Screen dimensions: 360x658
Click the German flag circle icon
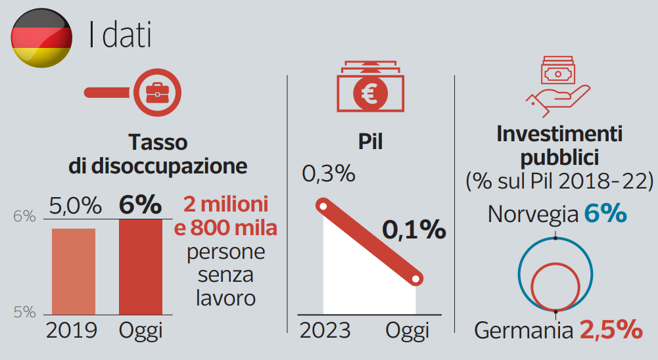(41, 37)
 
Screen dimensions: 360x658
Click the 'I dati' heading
(120, 36)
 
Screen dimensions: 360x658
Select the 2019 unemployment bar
(74, 271)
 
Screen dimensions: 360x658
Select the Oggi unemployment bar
(140, 266)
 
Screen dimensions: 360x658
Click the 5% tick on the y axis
(25, 312)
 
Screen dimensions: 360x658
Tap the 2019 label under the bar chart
(72, 330)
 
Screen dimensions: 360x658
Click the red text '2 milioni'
(227, 204)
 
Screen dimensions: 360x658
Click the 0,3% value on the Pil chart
(329, 175)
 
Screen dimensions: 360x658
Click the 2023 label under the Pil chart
(325, 330)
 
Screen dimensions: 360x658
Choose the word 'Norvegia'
(532, 214)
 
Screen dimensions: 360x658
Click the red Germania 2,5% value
(611, 329)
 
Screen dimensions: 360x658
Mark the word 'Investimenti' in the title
(559, 135)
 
